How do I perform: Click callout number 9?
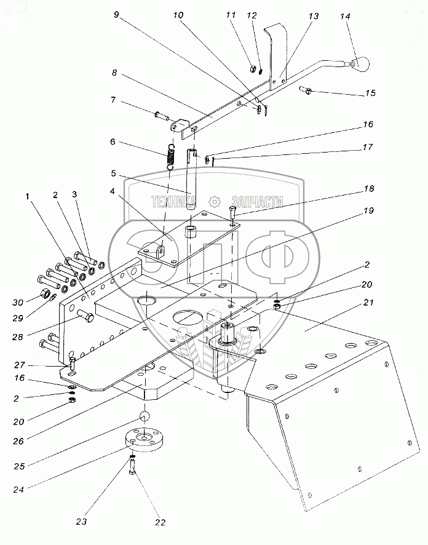(117, 16)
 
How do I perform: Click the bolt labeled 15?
(307, 92)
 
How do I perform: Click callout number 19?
(368, 210)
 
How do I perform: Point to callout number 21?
(368, 302)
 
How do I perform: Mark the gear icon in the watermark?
(214, 201)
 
